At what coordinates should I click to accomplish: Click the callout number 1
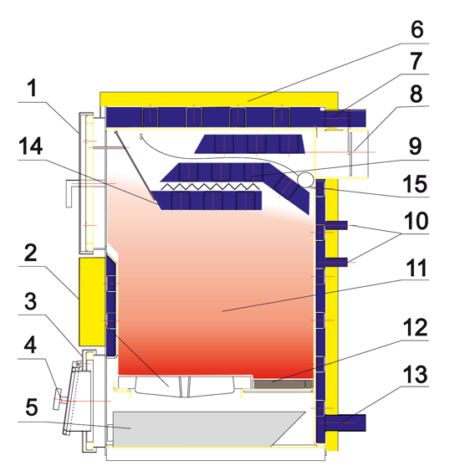coord(31,88)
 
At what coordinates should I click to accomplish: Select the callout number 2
coord(31,253)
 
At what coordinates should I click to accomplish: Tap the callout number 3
coord(31,301)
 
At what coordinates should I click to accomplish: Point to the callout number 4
coord(30,345)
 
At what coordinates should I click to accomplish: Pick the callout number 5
coord(32,407)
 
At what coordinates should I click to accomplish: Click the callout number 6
coord(417,29)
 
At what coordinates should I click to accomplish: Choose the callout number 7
coord(417,61)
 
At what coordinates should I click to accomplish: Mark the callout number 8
coord(417,94)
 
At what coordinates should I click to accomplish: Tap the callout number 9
coord(416,146)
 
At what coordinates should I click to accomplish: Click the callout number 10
coord(416,221)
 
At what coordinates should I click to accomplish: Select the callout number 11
coord(417,268)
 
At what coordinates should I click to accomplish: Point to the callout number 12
coord(416,327)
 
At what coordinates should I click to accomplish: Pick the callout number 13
coord(416,374)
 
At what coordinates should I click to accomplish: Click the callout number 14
coord(31,146)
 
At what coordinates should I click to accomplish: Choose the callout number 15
coord(416,184)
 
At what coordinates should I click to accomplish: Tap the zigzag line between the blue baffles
coord(210,187)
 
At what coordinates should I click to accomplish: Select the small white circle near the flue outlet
coord(305,180)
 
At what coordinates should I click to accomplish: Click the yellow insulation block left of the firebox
coord(92,301)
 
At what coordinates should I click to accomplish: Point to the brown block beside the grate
coord(283,384)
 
